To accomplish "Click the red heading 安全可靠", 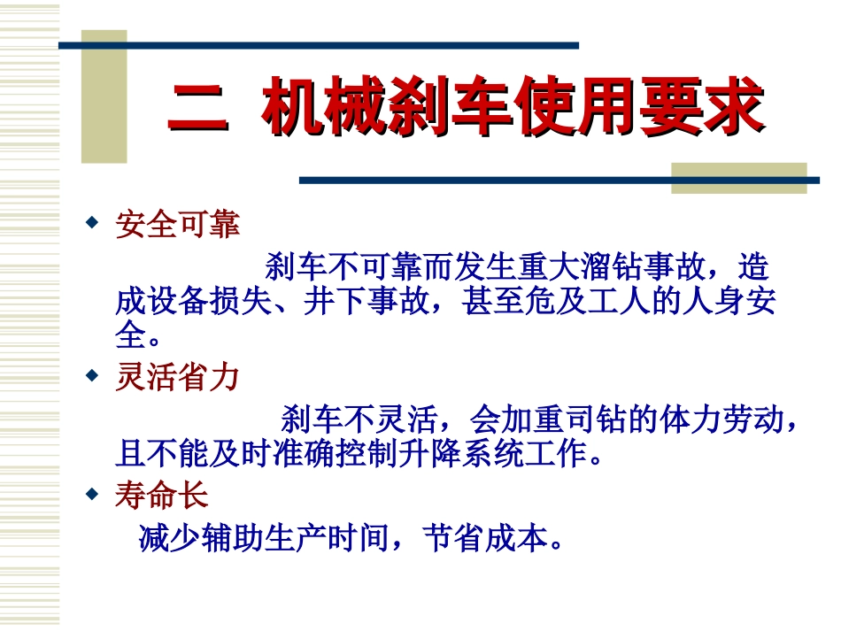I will click(x=177, y=225).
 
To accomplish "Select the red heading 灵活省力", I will click(x=177, y=378).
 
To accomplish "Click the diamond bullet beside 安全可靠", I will click(x=90, y=222).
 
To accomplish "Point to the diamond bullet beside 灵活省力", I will click(x=90, y=375).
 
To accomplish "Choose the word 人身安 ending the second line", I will click(x=728, y=302).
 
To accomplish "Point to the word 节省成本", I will click(x=486, y=537).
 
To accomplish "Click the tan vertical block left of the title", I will click(x=104, y=97).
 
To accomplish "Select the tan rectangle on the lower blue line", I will click(x=738, y=177).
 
